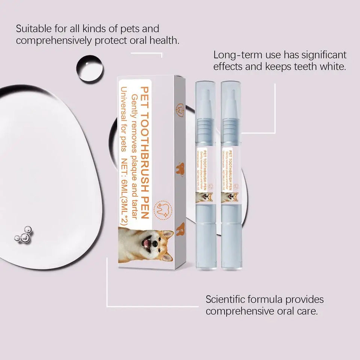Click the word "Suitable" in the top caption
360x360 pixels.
point(33,28)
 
